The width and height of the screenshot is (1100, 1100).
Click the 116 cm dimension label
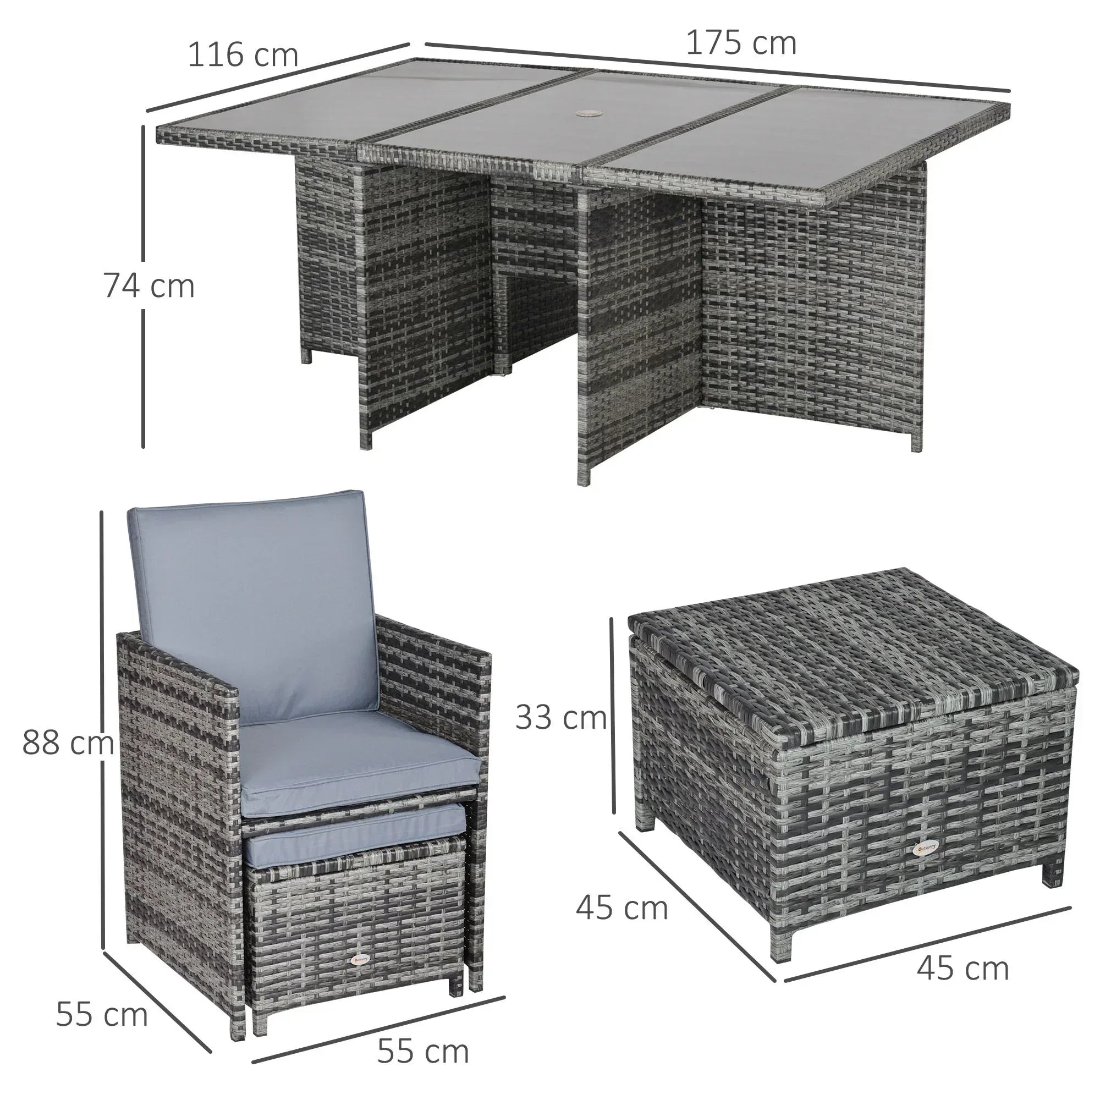[243, 55]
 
